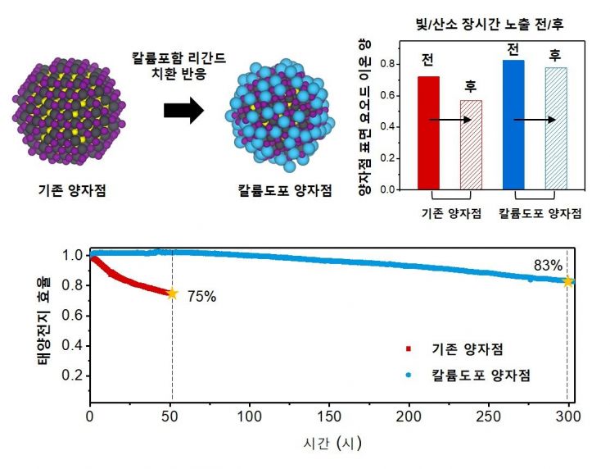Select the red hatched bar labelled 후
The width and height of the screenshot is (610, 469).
tap(471, 144)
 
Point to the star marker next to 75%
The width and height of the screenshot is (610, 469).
tap(172, 294)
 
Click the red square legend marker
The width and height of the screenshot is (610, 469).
tap(408, 348)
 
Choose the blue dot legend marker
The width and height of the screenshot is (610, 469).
tap(408, 375)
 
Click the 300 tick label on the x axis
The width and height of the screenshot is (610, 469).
tap(567, 417)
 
